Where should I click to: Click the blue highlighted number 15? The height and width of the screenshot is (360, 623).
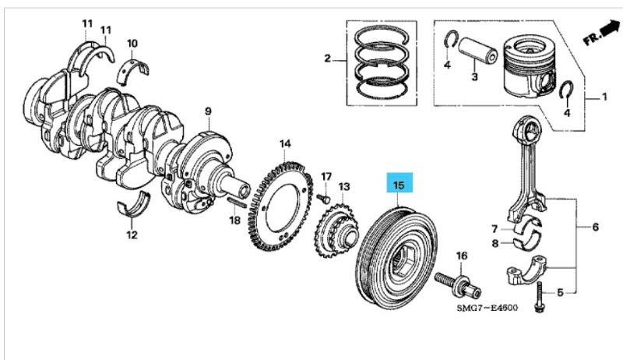pos(399,185)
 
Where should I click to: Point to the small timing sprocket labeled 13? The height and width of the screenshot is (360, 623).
pos(336,229)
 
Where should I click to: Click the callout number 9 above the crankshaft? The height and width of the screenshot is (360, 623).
pos(208,112)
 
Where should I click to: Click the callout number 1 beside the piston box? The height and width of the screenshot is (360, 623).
pos(604,98)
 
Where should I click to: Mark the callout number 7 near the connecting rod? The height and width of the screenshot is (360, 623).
pos(494,228)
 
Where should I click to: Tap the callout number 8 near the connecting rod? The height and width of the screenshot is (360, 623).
pos(494,243)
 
